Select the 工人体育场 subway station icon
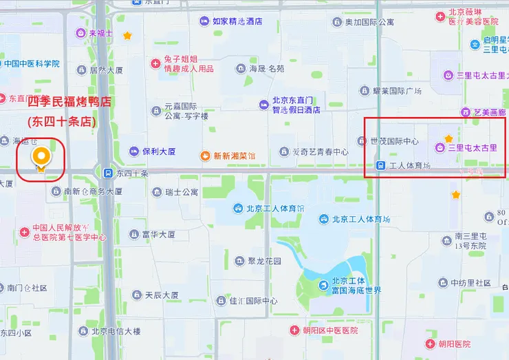tap(380, 165)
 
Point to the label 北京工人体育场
tap(360, 219)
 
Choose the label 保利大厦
tap(158, 151)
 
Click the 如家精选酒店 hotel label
tap(237, 21)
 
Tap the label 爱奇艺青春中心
tap(320, 151)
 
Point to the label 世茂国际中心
tap(394, 141)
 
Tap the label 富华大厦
tap(159, 234)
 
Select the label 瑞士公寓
tap(181, 192)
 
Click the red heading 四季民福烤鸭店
tap(68, 102)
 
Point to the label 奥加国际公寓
tap(369, 22)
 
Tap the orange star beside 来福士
tap(127, 35)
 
